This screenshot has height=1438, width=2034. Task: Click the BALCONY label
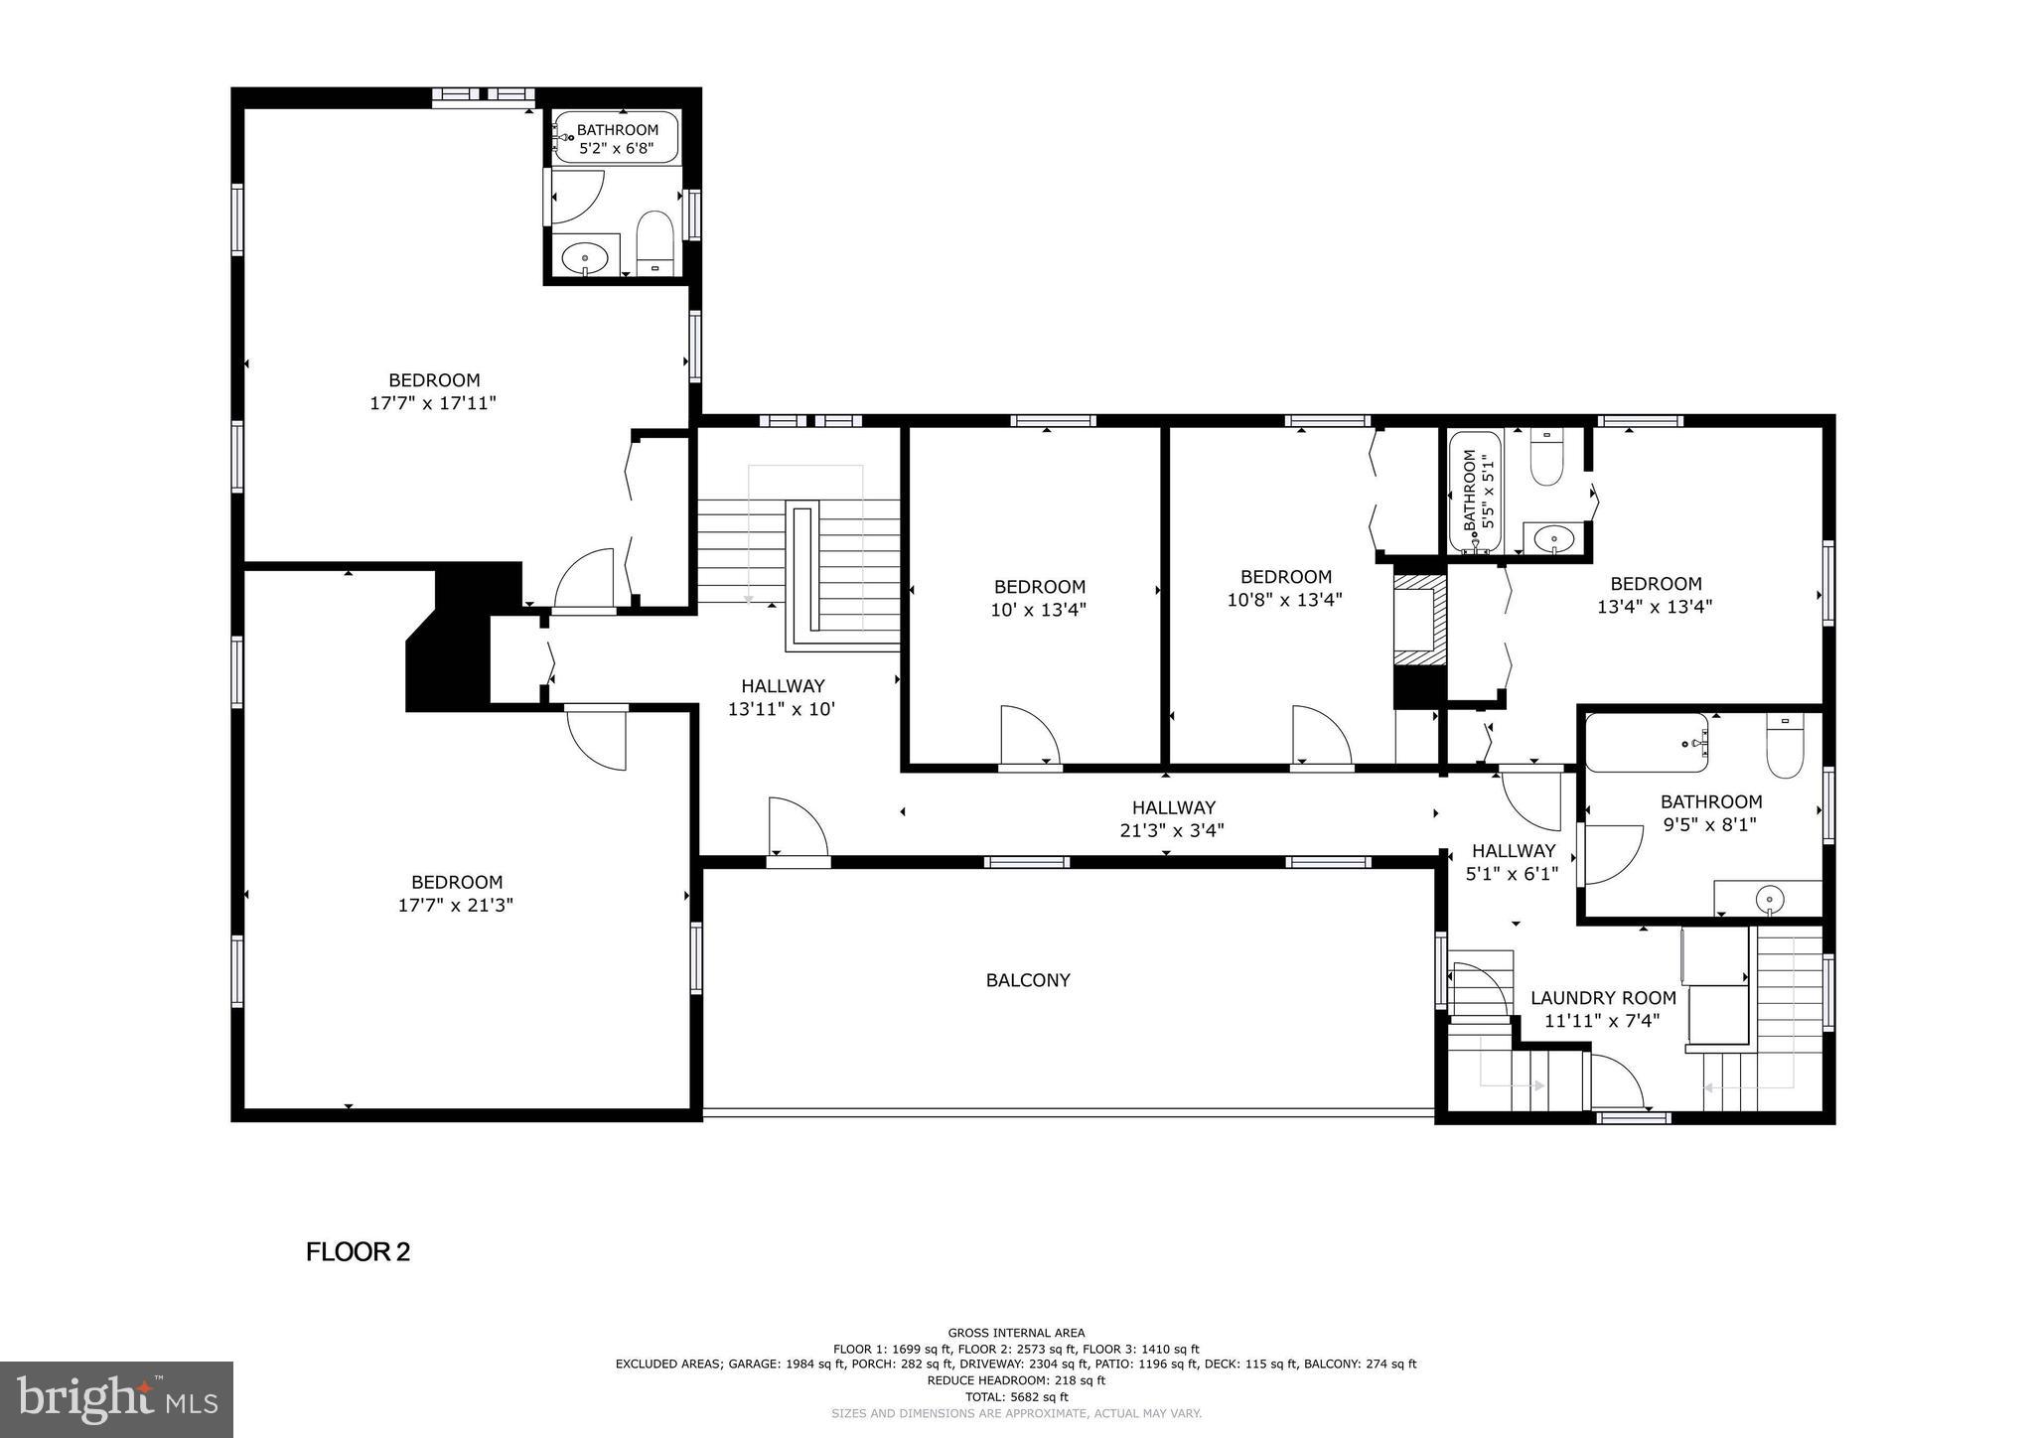click(x=1028, y=980)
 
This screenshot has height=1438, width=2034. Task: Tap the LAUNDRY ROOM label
click(x=1603, y=998)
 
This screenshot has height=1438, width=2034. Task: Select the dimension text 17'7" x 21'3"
click(x=456, y=905)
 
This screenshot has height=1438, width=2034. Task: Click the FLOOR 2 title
click(x=358, y=1251)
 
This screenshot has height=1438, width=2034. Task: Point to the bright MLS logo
click(x=116, y=1399)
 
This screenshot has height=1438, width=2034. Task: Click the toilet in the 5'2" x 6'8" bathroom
click(x=654, y=241)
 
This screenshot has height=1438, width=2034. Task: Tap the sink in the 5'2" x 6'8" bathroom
click(x=585, y=258)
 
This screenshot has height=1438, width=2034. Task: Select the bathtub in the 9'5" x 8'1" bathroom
click(x=1646, y=743)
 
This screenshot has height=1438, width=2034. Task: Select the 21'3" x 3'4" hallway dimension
click(x=1172, y=830)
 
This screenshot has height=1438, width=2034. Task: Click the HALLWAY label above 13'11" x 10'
click(x=783, y=686)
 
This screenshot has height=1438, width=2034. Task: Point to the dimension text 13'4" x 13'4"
click(x=1655, y=606)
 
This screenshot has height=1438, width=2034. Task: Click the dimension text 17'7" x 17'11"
click(x=432, y=403)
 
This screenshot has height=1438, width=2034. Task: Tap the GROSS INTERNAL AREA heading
click(x=1016, y=1333)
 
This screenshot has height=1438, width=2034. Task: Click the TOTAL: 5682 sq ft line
click(x=1016, y=1396)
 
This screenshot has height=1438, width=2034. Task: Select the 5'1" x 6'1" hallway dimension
click(x=1513, y=874)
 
